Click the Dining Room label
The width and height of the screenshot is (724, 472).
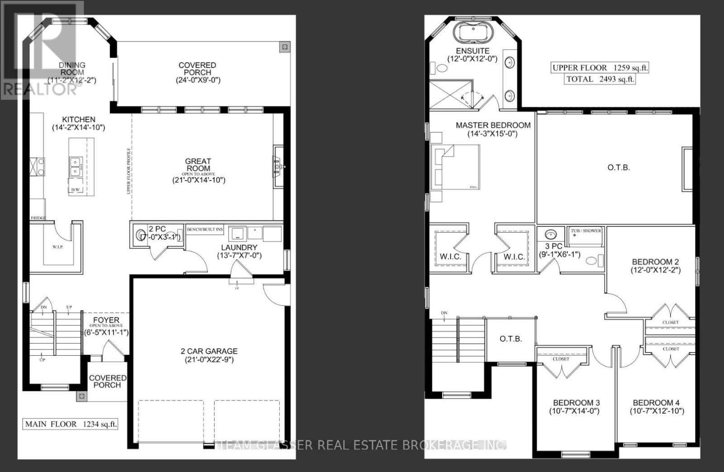(x=72, y=69)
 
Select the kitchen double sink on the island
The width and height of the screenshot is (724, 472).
(x=75, y=166)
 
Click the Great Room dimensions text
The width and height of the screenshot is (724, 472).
(x=198, y=180)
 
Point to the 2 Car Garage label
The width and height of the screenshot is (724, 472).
(x=209, y=351)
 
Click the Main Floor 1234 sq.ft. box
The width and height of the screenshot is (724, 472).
(x=71, y=424)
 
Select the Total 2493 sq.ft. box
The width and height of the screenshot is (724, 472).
(x=600, y=79)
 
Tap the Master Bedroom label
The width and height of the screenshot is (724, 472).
(x=493, y=125)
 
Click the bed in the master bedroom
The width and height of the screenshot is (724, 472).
(x=455, y=167)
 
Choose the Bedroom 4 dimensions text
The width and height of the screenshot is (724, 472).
(x=656, y=411)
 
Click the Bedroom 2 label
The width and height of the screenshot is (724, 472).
(x=655, y=262)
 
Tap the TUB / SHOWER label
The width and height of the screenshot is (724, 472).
(x=586, y=231)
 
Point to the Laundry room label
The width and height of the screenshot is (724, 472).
(x=239, y=248)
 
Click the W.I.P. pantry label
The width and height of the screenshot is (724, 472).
(x=57, y=247)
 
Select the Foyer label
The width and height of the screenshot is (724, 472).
(x=107, y=320)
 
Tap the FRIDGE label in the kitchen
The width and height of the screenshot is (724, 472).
(x=38, y=218)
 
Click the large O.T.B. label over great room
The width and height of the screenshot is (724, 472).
(x=618, y=167)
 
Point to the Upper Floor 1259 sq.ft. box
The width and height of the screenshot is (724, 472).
(x=600, y=68)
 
